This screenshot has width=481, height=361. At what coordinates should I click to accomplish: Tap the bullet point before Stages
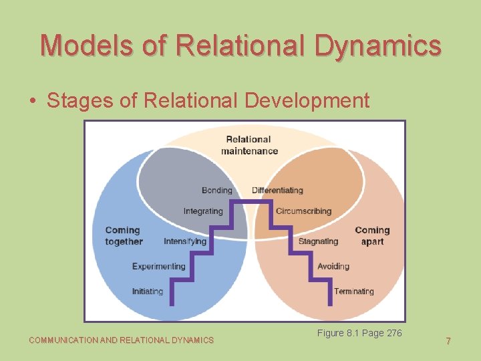click(33, 101)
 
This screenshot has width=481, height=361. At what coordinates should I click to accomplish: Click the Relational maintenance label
click(249, 145)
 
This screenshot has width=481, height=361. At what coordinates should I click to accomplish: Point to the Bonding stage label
click(216, 190)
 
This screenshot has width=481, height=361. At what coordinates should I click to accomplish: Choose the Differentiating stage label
click(277, 190)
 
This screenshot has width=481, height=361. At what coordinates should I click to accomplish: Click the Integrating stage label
click(203, 211)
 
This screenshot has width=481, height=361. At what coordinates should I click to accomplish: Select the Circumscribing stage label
click(303, 211)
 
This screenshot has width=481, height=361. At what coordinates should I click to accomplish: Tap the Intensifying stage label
click(185, 241)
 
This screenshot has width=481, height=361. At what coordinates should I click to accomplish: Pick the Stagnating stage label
click(318, 241)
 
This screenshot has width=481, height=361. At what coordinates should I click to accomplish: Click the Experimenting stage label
click(158, 266)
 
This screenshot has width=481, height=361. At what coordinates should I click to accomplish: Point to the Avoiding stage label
click(333, 266)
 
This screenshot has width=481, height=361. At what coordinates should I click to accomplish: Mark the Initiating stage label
click(147, 291)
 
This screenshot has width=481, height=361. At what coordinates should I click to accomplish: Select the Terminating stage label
click(353, 291)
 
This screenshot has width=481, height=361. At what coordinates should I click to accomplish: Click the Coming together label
click(124, 235)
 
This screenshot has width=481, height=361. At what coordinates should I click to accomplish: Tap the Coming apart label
click(372, 235)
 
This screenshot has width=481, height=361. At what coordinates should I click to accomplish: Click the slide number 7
click(448, 341)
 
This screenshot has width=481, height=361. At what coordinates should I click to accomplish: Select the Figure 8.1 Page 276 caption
click(359, 333)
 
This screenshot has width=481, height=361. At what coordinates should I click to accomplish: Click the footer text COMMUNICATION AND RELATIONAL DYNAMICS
click(121, 340)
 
